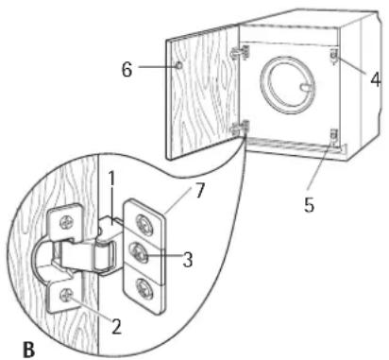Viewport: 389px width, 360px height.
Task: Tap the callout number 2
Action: tap(116, 326)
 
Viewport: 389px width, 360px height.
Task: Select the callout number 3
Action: tap(188, 260)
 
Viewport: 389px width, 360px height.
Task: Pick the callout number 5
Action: tap(309, 205)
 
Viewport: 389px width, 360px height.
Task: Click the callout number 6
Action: tap(127, 69)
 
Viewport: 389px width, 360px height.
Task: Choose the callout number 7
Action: tap(200, 191)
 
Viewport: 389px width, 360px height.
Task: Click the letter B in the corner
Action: tap(29, 349)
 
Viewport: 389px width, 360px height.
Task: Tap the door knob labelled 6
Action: tap(178, 65)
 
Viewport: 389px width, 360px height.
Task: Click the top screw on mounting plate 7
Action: tap(144, 225)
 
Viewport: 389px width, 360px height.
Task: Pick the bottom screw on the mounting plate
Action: tap(144, 287)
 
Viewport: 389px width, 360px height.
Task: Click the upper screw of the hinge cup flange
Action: tap(67, 223)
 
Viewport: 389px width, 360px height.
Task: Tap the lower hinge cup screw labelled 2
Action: tap(67, 295)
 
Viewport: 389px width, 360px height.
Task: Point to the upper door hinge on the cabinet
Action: tap(241, 52)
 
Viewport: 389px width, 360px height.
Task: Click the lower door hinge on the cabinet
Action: tap(241, 128)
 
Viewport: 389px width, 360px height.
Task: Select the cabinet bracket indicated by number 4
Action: tap(334, 57)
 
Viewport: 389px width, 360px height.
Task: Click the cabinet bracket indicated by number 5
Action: tap(334, 136)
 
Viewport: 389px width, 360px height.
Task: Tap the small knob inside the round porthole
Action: tap(306, 87)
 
